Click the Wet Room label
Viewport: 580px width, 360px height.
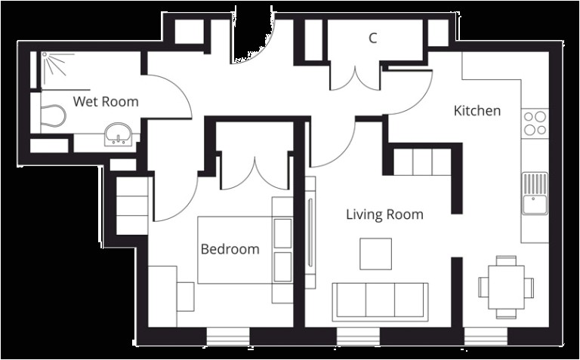(105, 101)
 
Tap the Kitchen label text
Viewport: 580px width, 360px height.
(477, 111)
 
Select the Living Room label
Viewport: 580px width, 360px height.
(384, 214)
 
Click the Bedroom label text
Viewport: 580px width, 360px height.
(230, 248)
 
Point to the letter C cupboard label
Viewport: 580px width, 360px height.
(372, 38)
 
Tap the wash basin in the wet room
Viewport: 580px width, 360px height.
(119, 135)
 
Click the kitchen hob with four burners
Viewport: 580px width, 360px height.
(535, 123)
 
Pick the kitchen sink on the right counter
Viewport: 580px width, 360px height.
(535, 193)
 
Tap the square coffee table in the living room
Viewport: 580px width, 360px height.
(375, 254)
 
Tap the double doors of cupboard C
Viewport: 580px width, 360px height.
(355, 76)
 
